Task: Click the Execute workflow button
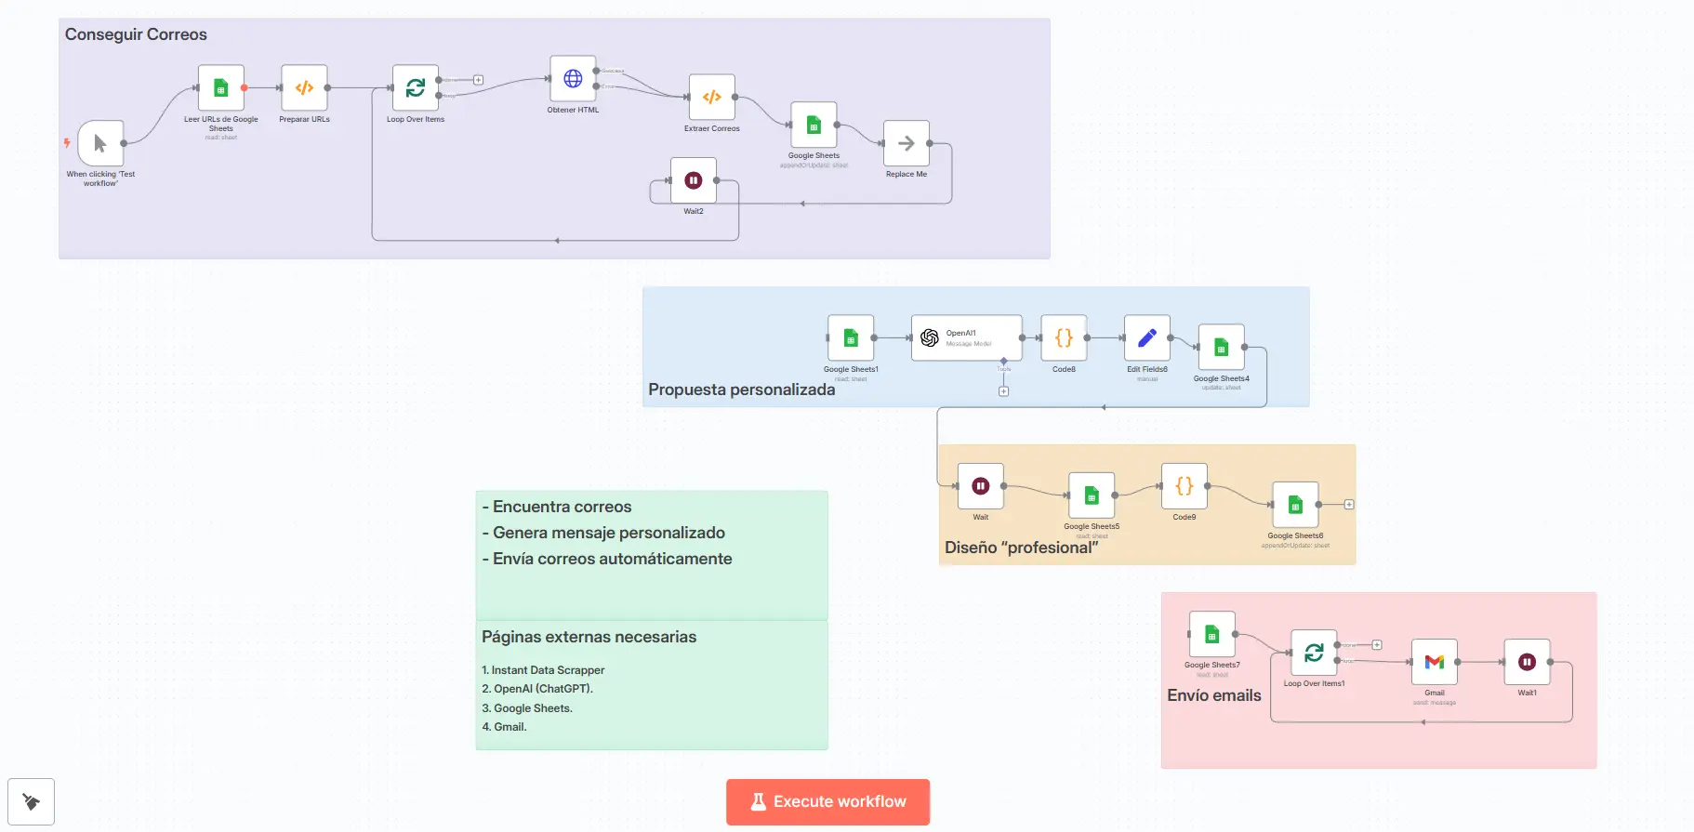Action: (x=827, y=801)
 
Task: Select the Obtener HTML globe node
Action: (x=573, y=79)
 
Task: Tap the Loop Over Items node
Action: (x=415, y=88)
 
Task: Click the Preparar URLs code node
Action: (x=304, y=88)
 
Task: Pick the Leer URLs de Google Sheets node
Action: (x=221, y=88)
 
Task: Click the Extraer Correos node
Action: (x=711, y=97)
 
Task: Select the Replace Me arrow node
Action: (x=906, y=143)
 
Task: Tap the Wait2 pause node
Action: (x=693, y=180)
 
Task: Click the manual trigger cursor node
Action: (x=100, y=143)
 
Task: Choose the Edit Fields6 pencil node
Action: (x=1146, y=338)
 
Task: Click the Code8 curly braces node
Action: (x=1064, y=338)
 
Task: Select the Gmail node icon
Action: (x=1434, y=662)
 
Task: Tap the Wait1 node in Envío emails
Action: (x=1527, y=662)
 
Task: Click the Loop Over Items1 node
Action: (x=1314, y=653)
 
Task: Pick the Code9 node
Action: (x=1184, y=486)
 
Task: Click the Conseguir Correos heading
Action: (x=136, y=34)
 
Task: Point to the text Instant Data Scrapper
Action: (x=548, y=670)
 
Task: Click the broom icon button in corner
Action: (x=31, y=801)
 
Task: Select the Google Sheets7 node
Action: (x=1211, y=635)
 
